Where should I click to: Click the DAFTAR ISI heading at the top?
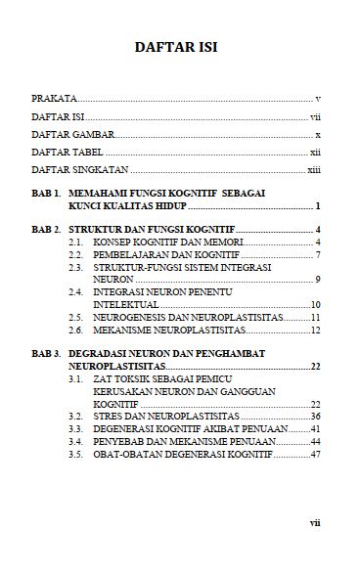coord(176,46)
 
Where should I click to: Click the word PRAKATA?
coord(54,99)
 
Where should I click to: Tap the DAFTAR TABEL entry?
coord(67,152)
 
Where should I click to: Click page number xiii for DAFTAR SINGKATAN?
coord(314,170)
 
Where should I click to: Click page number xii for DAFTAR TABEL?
coord(315,152)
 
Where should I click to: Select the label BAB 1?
coord(46,195)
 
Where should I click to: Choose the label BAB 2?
coord(46,230)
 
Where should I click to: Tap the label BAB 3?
coord(46,352)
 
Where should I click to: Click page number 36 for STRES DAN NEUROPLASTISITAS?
coord(315,416)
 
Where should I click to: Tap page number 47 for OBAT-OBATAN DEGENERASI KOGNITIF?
coord(315,454)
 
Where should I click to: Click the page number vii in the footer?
coord(315,523)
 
